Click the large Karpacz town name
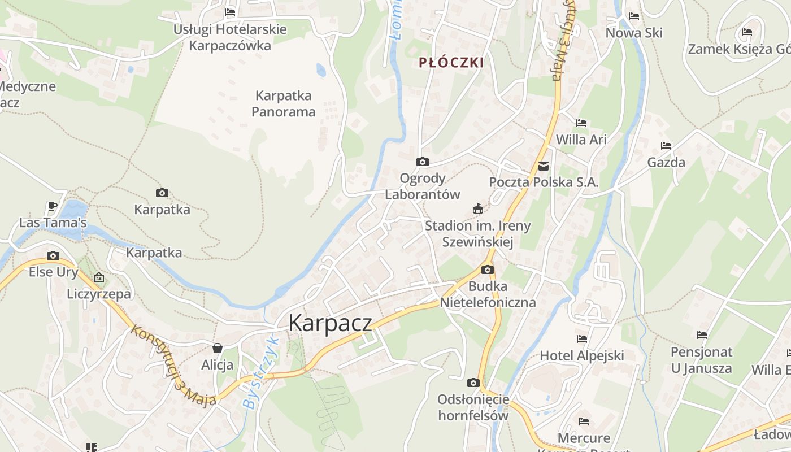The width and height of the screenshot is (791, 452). coord(330,323)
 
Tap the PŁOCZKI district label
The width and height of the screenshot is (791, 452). coord(451,63)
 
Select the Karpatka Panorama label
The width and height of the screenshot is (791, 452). coord(283,103)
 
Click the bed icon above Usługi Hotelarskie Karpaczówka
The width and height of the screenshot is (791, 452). coord(230,12)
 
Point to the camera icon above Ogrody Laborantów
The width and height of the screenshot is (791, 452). coord(422,162)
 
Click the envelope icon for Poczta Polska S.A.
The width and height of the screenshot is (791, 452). coord(544,166)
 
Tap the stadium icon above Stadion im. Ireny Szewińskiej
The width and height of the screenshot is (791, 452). coord(478,209)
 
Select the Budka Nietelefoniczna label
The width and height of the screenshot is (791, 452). coord(488,294)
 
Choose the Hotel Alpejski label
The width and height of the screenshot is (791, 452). coord(582,355)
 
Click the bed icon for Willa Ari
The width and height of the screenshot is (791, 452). coord(581,123)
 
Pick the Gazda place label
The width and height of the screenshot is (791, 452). coord(666,163)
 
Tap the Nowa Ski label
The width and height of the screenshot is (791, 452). coord(634,33)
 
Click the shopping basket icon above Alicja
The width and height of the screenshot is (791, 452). coord(218,348)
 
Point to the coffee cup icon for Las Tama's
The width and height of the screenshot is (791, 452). coord(53,206)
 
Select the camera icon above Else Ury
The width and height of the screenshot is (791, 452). coord(53,255)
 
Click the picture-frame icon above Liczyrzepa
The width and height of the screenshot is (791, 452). coord(99,277)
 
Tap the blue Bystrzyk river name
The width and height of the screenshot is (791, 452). coord(261,372)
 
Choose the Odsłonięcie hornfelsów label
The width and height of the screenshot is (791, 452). coord(473,407)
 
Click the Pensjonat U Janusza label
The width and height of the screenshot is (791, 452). coord(701,360)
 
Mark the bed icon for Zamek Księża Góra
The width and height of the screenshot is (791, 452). coord(747,32)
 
